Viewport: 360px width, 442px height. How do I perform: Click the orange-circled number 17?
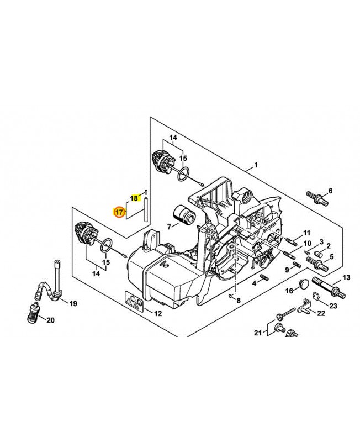[x=119, y=212]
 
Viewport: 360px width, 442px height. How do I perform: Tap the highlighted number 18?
[x=135, y=198]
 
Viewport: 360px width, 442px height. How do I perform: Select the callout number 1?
[x=256, y=165]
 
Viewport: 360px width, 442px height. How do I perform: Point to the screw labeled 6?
[x=317, y=198]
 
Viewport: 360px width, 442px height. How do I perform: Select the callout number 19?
[x=73, y=304]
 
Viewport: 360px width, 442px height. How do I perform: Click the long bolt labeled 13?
[x=329, y=287]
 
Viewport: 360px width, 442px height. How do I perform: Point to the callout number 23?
[x=333, y=306]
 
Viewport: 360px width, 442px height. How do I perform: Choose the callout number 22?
[x=321, y=313]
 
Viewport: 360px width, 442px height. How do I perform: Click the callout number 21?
[x=258, y=333]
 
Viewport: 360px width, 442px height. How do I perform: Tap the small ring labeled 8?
[x=230, y=296]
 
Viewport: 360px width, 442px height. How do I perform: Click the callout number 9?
[x=287, y=270]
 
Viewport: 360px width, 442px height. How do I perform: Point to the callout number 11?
[x=307, y=233]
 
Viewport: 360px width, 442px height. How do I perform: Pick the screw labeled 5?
[x=317, y=263]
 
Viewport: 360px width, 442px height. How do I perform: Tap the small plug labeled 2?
[x=317, y=253]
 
